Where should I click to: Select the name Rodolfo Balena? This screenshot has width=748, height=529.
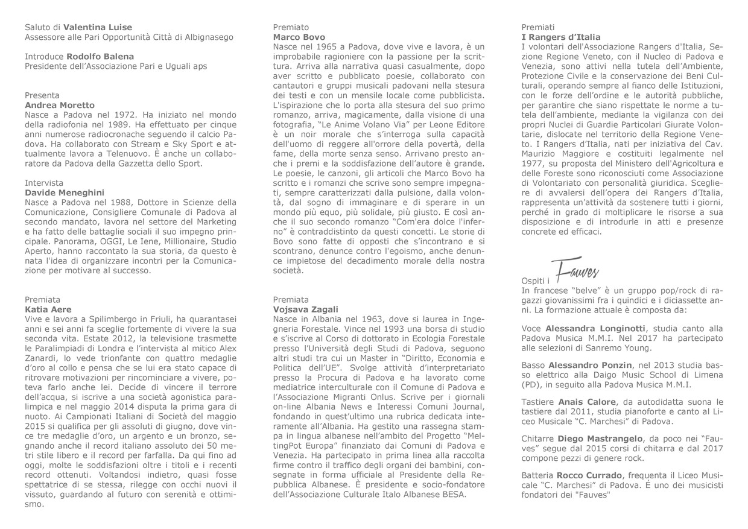(100, 56)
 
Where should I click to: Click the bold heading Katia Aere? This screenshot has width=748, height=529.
(48, 309)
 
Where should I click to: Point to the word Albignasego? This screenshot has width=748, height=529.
(208, 37)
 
